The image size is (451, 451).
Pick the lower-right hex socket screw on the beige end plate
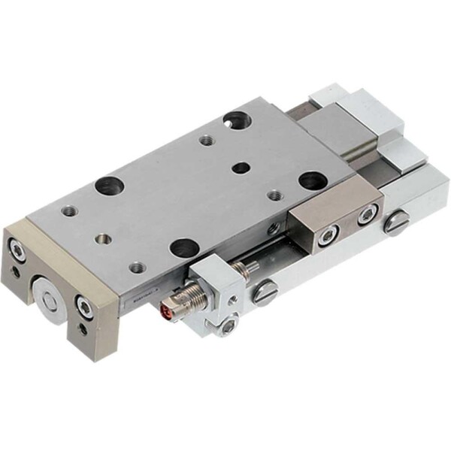pos(84,306)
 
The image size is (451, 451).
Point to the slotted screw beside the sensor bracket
pos(265,292)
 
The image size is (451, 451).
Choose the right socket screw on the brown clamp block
pos(366,216)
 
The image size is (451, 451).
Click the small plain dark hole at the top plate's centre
pos(240,168)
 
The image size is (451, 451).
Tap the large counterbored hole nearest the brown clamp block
pos(310,180)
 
